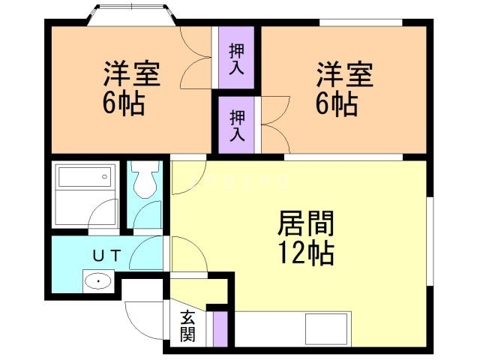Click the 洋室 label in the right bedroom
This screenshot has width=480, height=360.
344,76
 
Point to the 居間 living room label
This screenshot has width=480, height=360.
306,223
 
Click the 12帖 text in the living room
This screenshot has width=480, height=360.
306,253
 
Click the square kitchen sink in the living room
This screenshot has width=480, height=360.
326,328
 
